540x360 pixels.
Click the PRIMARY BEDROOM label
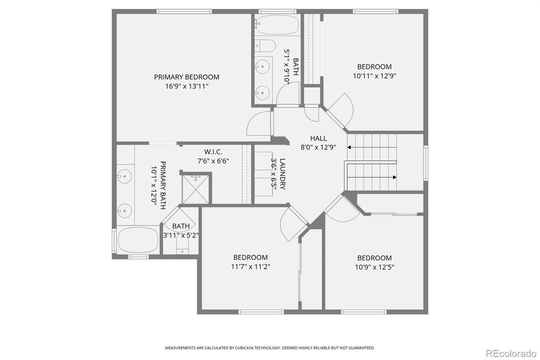[x=187, y=77]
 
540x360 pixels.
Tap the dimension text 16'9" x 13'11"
[x=187, y=86]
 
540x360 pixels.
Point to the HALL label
[x=318, y=138]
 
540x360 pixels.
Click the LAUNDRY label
[x=282, y=174]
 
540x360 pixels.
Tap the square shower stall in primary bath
[x=196, y=189]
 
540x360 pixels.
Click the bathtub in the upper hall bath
[x=277, y=26]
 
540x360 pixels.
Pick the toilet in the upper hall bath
[x=265, y=45]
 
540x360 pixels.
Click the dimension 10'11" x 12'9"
[x=374, y=76]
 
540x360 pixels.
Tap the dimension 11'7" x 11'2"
[x=251, y=266]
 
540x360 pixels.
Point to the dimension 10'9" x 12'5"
[x=374, y=267]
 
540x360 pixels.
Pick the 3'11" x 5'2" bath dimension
[x=181, y=235]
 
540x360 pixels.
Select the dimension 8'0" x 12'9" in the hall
[x=318, y=147]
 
